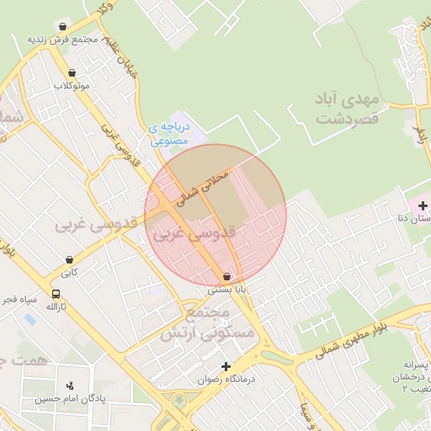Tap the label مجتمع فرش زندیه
tap(62, 40)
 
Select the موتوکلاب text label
tap(72, 86)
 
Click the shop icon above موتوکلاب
tap(72, 72)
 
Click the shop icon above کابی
tap(69, 259)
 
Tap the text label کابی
tap(69, 273)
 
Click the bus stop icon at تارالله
tap(56, 295)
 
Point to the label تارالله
tap(56, 307)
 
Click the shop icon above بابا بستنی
tap(227, 276)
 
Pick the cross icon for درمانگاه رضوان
tap(225, 366)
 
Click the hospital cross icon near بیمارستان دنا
tap(422, 205)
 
